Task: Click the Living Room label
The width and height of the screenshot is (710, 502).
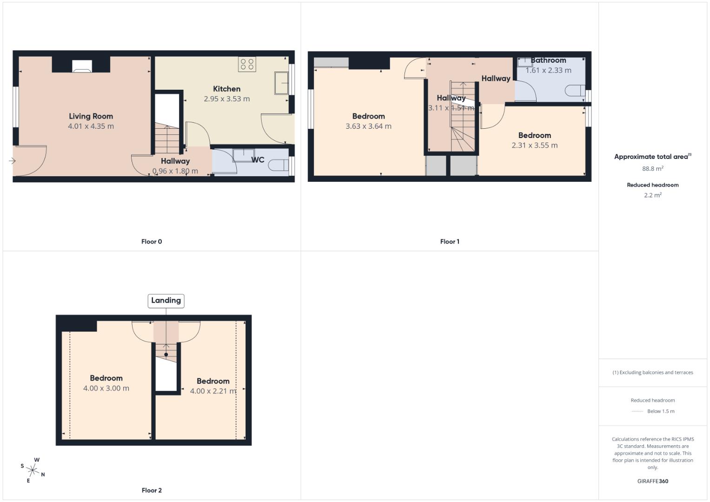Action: pyautogui.click(x=91, y=116)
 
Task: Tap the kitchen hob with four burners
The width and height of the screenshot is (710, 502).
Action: pyautogui.click(x=247, y=64)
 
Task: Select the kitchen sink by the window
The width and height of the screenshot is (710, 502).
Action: pyautogui.click(x=281, y=83)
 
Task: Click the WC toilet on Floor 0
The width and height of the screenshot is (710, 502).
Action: pyautogui.click(x=280, y=165)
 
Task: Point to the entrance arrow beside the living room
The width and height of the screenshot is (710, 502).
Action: pyautogui.click(x=12, y=161)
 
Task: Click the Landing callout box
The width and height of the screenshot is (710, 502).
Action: pyautogui.click(x=166, y=301)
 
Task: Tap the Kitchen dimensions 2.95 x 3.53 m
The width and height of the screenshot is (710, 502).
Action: pyautogui.click(x=226, y=99)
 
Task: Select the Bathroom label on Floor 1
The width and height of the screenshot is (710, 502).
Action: pyautogui.click(x=548, y=60)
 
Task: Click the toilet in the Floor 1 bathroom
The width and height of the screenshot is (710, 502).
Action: pyautogui.click(x=576, y=91)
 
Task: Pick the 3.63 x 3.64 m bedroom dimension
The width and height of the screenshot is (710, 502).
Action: pyautogui.click(x=368, y=126)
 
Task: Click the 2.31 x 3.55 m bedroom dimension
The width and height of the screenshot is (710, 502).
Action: pyautogui.click(x=534, y=145)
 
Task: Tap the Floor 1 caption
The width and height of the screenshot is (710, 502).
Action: pyautogui.click(x=450, y=241)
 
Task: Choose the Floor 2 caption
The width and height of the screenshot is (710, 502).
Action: pyautogui.click(x=152, y=490)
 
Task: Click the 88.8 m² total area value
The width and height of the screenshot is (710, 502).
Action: pyautogui.click(x=652, y=169)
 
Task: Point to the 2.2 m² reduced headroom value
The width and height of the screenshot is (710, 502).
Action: pyautogui.click(x=652, y=195)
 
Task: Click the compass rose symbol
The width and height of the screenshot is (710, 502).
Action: pyautogui.click(x=33, y=470)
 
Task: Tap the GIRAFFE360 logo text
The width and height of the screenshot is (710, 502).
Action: pyautogui.click(x=652, y=481)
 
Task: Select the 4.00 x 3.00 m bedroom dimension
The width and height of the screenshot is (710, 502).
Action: pyautogui.click(x=106, y=388)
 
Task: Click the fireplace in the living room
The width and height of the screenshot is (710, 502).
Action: pyautogui.click(x=82, y=66)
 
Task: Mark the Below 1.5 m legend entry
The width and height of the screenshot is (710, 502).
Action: pyautogui.click(x=660, y=411)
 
